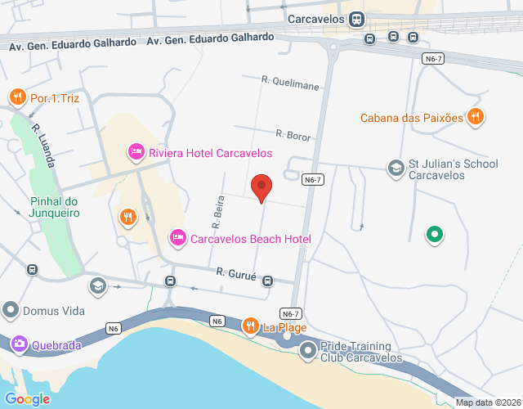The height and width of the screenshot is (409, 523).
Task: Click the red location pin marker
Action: (x=261, y=187)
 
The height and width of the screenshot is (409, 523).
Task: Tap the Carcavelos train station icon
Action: (x=356, y=19)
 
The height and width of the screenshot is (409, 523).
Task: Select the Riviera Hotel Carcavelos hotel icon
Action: (x=136, y=152)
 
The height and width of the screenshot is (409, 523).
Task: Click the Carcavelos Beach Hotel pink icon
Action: (x=177, y=238)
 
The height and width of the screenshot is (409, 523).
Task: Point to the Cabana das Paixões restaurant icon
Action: (x=475, y=117)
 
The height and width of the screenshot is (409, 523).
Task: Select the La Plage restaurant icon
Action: (x=251, y=327)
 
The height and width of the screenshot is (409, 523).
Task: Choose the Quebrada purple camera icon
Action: (x=19, y=344)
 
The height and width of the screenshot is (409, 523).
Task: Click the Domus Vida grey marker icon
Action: (x=11, y=311)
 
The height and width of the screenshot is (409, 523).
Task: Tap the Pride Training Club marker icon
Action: (x=307, y=352)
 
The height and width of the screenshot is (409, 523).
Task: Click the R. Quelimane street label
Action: (x=291, y=81)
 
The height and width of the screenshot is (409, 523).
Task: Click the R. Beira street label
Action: (x=217, y=212)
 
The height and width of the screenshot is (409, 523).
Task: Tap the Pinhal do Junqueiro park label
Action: (x=55, y=207)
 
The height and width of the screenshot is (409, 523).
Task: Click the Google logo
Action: (x=27, y=398)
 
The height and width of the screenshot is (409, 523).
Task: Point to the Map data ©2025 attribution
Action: (x=487, y=402)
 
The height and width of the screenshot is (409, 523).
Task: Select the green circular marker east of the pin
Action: (x=436, y=236)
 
